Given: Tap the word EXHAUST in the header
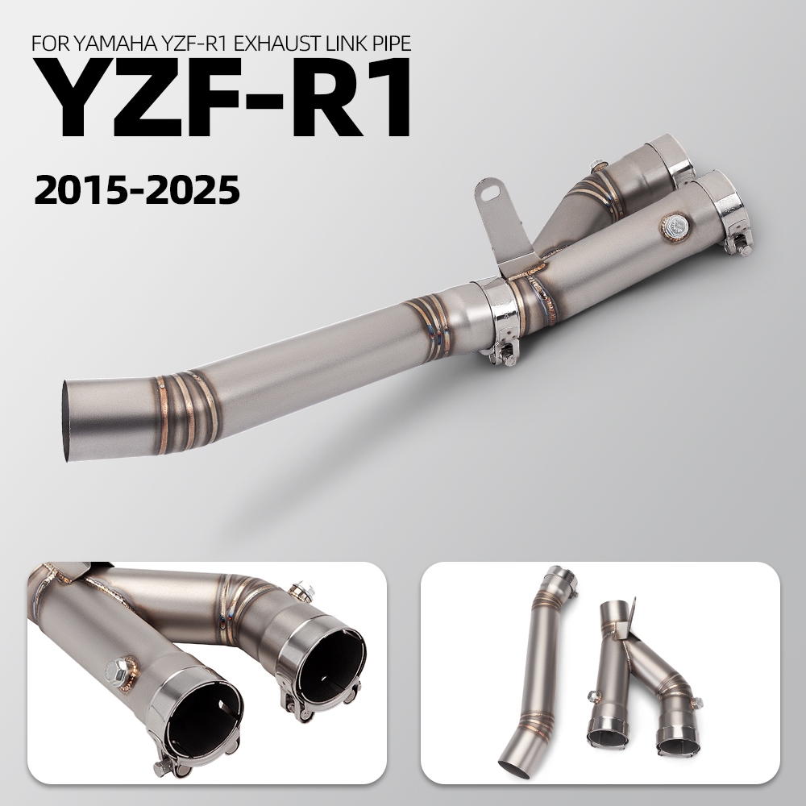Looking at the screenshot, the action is (272, 44).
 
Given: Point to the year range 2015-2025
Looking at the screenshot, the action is (137, 189).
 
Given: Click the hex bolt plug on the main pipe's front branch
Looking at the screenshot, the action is (675, 225).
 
